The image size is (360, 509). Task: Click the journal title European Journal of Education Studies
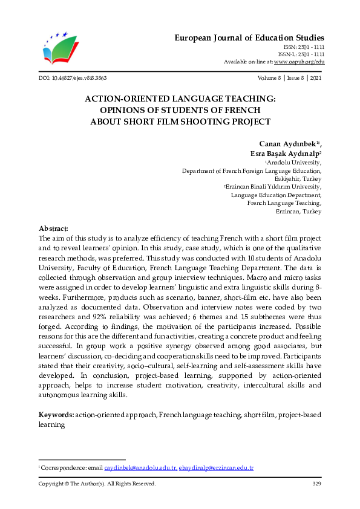click(249, 37)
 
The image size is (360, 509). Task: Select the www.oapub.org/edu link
click(299, 62)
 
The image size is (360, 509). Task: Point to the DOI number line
click(73, 79)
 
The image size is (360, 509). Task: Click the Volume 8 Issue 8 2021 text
click(290, 79)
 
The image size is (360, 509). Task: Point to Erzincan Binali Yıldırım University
click(274, 187)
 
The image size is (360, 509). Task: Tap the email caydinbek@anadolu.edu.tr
click(140, 468)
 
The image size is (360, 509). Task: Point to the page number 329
click(316, 484)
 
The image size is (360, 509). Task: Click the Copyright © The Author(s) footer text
click(97, 484)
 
